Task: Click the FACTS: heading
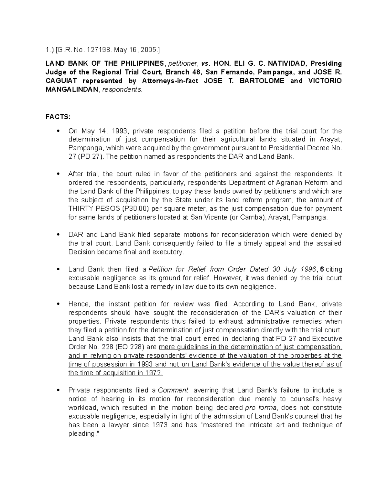coord(58,117)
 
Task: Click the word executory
coord(167,252)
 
